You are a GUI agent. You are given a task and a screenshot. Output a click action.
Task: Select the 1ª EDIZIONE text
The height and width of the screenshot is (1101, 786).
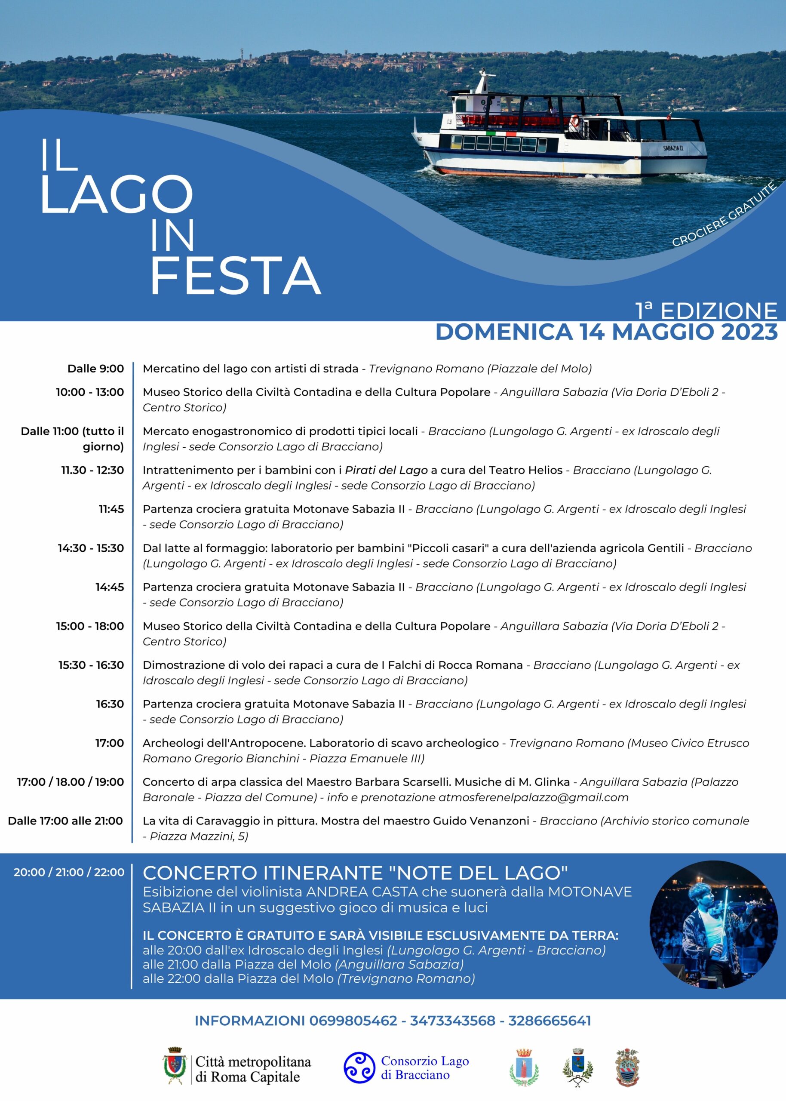tap(706, 310)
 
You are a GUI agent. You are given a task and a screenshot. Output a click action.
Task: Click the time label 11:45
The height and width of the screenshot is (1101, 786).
tap(111, 509)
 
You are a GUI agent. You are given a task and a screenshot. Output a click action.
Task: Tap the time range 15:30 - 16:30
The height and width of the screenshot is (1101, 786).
tap(91, 665)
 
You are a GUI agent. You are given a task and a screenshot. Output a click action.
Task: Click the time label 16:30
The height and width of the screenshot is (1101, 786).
tap(110, 704)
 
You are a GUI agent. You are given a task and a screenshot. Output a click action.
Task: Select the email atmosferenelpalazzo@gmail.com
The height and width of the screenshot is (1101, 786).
tap(533, 797)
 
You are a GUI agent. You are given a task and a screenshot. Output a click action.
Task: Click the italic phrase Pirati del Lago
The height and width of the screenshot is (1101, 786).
tap(386, 470)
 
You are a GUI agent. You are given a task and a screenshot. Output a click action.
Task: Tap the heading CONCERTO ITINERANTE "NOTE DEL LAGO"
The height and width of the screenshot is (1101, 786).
tap(355, 873)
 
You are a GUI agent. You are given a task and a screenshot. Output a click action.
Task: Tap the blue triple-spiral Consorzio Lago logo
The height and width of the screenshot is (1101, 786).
tap(359, 1068)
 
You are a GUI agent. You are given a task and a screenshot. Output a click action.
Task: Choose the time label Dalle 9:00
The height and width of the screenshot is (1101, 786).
tap(95, 369)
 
